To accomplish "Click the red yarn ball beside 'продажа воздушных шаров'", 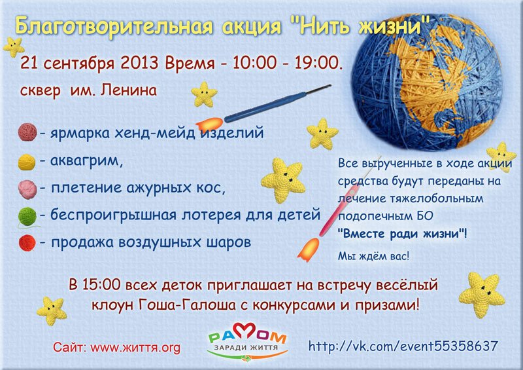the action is (27, 243).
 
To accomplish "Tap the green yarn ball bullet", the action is (27, 216).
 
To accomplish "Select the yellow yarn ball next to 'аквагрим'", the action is (27, 162).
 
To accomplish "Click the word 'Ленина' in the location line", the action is (128, 90).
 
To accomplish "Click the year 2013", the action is (139, 62).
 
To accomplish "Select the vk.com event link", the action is (403, 346).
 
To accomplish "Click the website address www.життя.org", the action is (135, 348).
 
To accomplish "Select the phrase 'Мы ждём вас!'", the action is (373, 256).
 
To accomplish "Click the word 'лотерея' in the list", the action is (211, 215).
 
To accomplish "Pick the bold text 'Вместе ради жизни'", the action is (401, 233).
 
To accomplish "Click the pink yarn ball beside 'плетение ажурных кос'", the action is (27, 189).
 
